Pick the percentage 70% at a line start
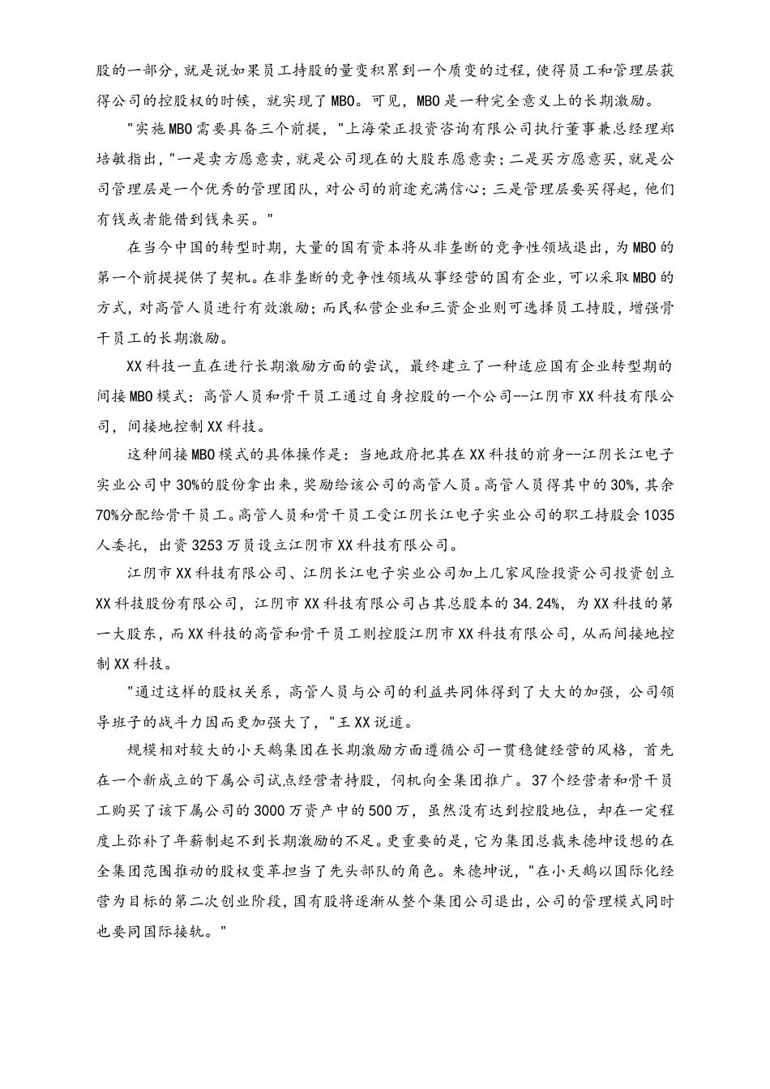(x=108, y=515)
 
